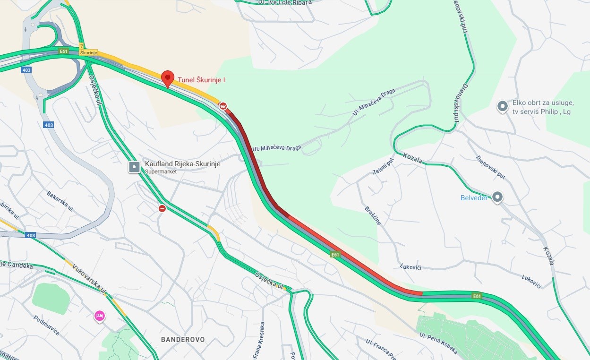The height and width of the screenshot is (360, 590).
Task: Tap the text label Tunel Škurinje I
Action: coord(201,80)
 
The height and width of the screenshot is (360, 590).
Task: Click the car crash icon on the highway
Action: coord(223,106)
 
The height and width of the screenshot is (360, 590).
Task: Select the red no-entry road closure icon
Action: coord(162,208)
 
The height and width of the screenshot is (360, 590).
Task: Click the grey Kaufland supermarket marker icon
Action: coord(134,167)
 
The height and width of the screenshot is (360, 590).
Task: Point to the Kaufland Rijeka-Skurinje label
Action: coord(182,164)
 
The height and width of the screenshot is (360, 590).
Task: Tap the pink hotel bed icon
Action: coord(99,315)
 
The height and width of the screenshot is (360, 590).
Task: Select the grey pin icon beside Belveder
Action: coord(497,197)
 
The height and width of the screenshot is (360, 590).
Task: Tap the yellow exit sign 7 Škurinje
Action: coord(88,50)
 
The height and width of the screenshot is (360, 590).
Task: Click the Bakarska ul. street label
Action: coord(60,200)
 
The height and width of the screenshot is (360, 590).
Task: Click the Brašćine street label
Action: coord(373,215)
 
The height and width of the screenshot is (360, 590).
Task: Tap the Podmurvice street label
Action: coord(46,326)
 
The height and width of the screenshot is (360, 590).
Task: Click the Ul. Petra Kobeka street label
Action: coord(438,343)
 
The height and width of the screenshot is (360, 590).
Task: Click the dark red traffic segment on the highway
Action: coord(255,161)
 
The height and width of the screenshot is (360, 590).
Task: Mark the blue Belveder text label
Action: coord(474,198)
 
